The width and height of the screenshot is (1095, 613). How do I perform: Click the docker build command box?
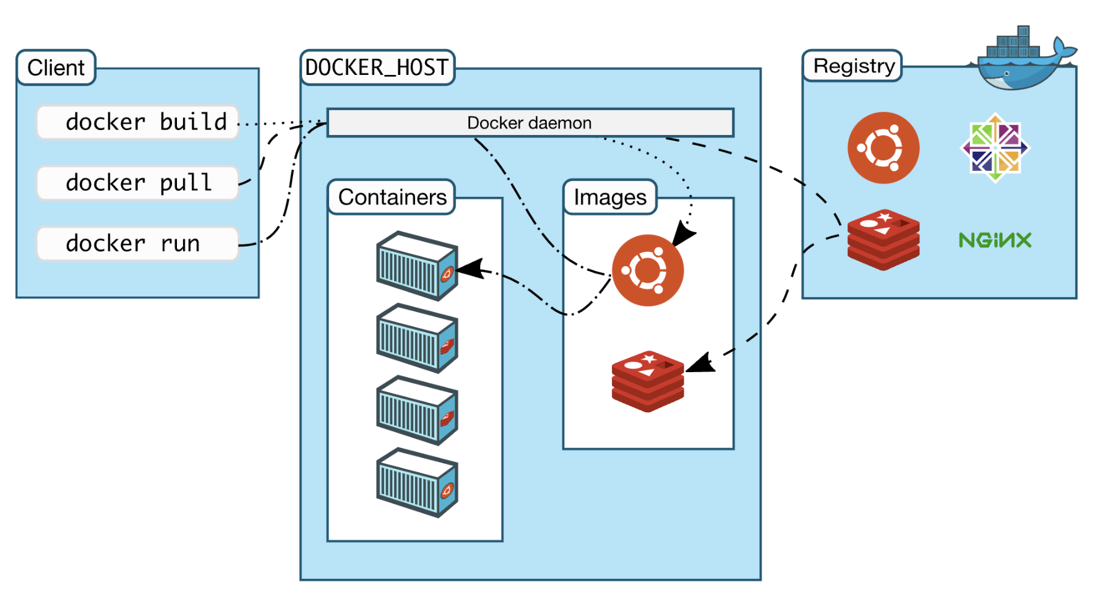click(137, 122)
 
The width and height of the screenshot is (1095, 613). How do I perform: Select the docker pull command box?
click(137, 183)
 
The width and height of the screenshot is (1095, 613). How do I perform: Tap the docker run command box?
click(137, 243)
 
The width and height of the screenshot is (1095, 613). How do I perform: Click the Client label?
click(56, 67)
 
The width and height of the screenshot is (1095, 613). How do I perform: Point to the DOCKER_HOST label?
click(377, 67)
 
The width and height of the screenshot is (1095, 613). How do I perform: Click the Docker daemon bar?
click(530, 123)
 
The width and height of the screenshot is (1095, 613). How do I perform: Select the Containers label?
click(392, 197)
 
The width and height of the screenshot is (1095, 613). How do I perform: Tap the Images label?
click(609, 197)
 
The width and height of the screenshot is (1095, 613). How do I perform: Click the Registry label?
click(853, 66)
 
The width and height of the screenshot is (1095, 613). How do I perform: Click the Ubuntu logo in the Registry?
click(883, 147)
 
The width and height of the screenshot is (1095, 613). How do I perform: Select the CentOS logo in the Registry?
click(994, 147)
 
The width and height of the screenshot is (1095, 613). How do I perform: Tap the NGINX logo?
click(995, 240)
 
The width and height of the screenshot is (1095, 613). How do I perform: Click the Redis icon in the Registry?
click(883, 240)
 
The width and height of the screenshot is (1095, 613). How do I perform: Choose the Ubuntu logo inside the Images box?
click(647, 270)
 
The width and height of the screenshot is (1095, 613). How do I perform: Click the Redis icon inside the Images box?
click(647, 381)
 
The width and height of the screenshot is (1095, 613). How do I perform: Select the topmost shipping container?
click(417, 266)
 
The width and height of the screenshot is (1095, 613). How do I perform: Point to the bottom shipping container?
click(417, 482)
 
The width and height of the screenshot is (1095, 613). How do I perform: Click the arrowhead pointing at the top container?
click(470, 268)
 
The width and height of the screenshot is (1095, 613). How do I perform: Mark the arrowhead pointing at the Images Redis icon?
click(700, 363)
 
